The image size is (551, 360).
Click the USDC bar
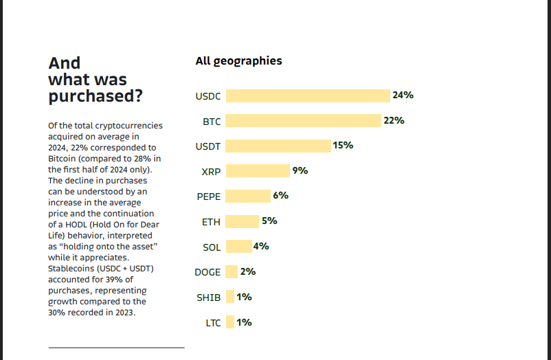pyautogui.click(x=308, y=95)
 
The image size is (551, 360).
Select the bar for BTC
pyautogui.click(x=303, y=121)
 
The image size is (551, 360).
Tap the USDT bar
pyautogui.click(x=278, y=146)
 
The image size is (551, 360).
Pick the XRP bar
pyautogui.click(x=258, y=170)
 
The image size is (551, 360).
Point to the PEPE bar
pyautogui.click(x=248, y=196)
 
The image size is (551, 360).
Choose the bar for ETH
pyautogui.click(x=242, y=221)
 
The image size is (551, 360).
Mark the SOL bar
pyautogui.click(x=238, y=246)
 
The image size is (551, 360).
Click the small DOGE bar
pyautogui.click(x=232, y=271)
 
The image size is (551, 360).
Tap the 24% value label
pyautogui.click(x=403, y=95)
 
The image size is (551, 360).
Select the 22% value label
pyautogui.click(x=394, y=120)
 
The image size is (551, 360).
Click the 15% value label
pyautogui.click(x=343, y=145)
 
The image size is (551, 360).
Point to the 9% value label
pyautogui.click(x=300, y=170)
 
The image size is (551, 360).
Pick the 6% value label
pyautogui.click(x=280, y=195)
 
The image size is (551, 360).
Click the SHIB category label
pyautogui.click(x=209, y=297)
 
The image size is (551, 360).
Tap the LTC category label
pyautogui.click(x=213, y=323)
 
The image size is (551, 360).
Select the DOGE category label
pyautogui.click(x=207, y=272)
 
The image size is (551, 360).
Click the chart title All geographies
pyautogui.click(x=238, y=60)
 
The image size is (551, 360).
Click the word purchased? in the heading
pyautogui.click(x=95, y=95)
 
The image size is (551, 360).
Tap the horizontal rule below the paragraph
pyautogui.click(x=116, y=348)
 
